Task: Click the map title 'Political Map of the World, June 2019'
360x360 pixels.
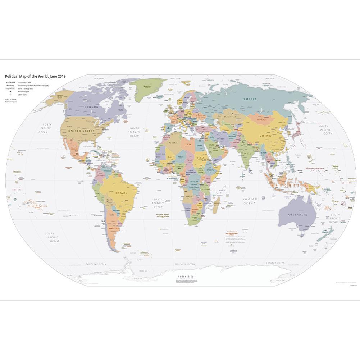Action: [35, 76]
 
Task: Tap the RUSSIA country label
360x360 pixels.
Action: [250, 99]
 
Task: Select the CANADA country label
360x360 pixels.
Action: [91, 106]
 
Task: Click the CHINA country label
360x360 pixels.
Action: [265, 136]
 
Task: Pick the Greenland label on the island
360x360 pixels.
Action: [147, 86]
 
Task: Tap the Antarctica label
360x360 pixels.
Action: [183, 275]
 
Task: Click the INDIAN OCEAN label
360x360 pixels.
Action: [250, 201]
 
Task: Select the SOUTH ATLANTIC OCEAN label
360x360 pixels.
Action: [158, 203]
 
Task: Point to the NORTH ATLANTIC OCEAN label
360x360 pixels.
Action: [135, 132]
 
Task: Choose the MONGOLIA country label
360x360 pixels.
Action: [262, 120]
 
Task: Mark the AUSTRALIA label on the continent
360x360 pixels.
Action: [297, 215]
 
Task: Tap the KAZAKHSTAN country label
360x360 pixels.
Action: [229, 117]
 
